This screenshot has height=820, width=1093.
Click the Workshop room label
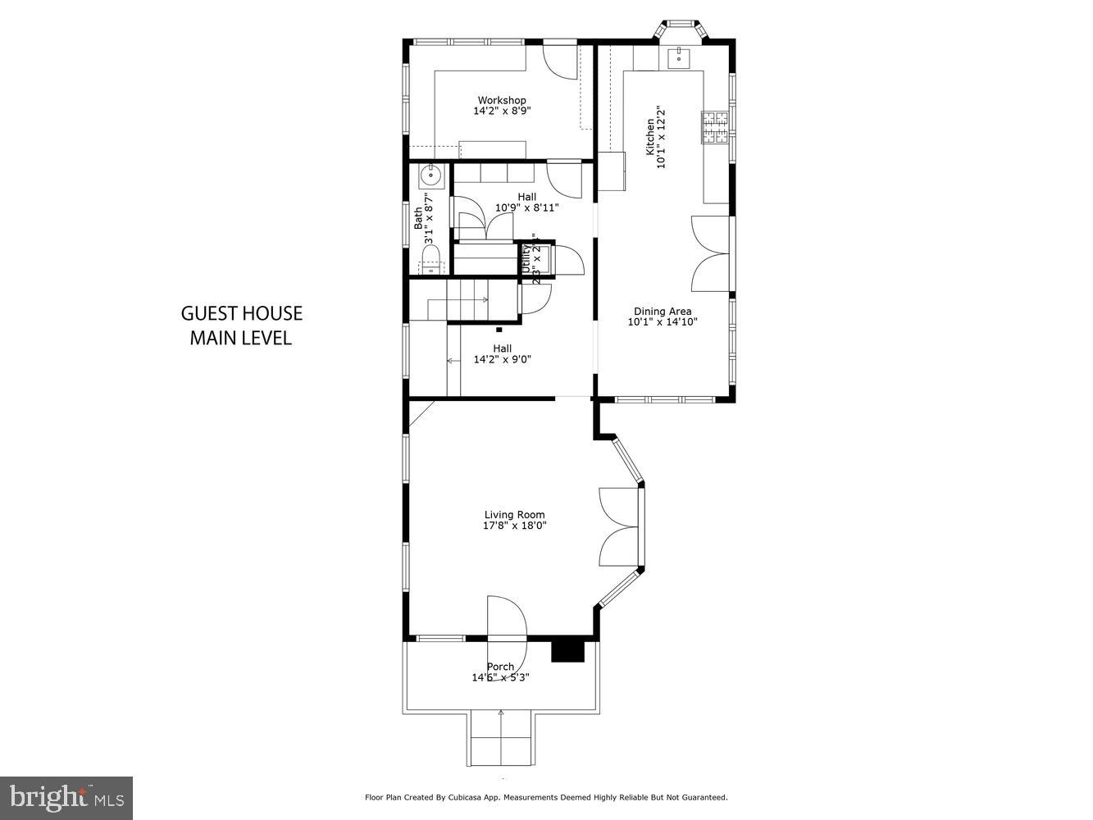tap(502, 100)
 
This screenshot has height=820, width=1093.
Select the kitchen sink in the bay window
tap(679, 57)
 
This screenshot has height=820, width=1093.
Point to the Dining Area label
tap(662, 311)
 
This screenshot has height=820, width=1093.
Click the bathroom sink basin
tap(430, 175)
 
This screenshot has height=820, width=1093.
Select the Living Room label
tap(514, 515)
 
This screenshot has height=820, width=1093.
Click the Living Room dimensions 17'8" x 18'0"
tap(514, 526)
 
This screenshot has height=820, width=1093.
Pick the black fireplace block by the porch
tap(567, 650)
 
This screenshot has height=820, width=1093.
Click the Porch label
tap(500, 667)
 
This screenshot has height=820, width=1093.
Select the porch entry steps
tap(502, 738)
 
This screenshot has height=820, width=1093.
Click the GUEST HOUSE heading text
tap(241, 313)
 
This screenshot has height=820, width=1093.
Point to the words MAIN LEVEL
tap(241, 338)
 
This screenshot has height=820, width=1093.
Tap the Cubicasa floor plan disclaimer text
tap(545, 797)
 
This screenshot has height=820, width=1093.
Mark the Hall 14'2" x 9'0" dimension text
tap(502, 358)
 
